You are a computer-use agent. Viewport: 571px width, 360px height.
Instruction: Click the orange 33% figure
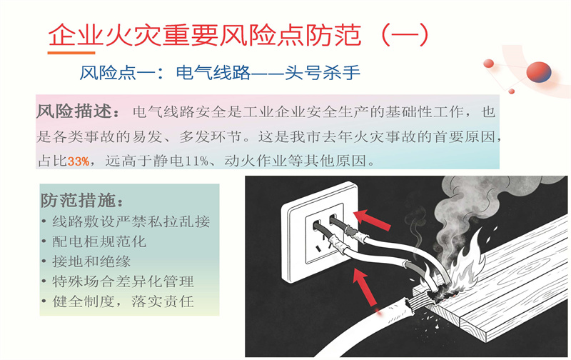point(79,161)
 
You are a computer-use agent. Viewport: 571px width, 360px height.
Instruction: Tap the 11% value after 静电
point(197,161)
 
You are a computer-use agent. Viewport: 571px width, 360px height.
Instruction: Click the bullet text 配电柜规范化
point(99,241)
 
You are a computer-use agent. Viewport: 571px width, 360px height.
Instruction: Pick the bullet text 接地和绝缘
point(91,261)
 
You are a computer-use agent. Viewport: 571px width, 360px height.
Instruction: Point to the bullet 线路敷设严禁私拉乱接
point(131,221)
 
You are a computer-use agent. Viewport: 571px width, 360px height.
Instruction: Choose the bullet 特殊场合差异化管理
point(123,281)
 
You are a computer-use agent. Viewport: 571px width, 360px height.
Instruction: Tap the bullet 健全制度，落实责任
point(123,301)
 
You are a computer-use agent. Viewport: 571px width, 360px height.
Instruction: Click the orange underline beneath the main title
point(71,53)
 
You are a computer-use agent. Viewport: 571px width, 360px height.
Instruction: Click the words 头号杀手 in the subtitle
point(323,73)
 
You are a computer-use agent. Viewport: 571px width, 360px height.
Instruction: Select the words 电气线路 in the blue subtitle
point(213,73)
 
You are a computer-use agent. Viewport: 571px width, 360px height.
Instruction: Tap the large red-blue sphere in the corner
point(539,71)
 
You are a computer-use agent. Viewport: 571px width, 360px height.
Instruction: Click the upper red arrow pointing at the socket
point(372,220)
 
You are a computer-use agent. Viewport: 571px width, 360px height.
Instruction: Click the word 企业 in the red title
point(76,35)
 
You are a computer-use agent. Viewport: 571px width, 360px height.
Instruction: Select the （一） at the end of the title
point(404,35)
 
